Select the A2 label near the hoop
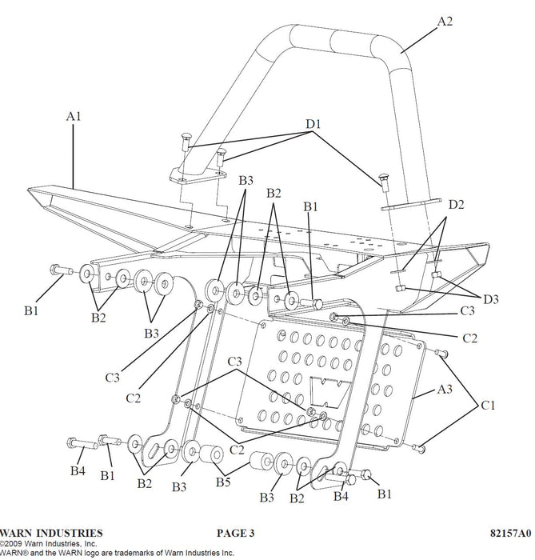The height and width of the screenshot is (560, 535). [445, 22]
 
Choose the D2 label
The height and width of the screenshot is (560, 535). [456, 206]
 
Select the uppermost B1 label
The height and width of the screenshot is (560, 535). [312, 206]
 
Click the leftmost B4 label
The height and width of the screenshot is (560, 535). [77, 471]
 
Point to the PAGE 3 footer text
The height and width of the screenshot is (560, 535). [234, 533]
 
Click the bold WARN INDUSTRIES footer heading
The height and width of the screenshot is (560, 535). [51, 533]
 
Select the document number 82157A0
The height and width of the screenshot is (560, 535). [510, 533]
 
